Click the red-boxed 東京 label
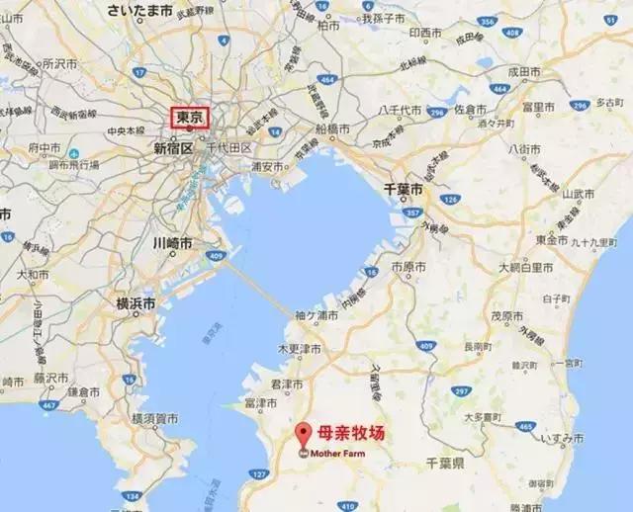[191, 118]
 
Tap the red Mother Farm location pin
[303, 433]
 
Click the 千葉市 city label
[404, 188]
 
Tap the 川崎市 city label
[173, 242]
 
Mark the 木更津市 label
[300, 349]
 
